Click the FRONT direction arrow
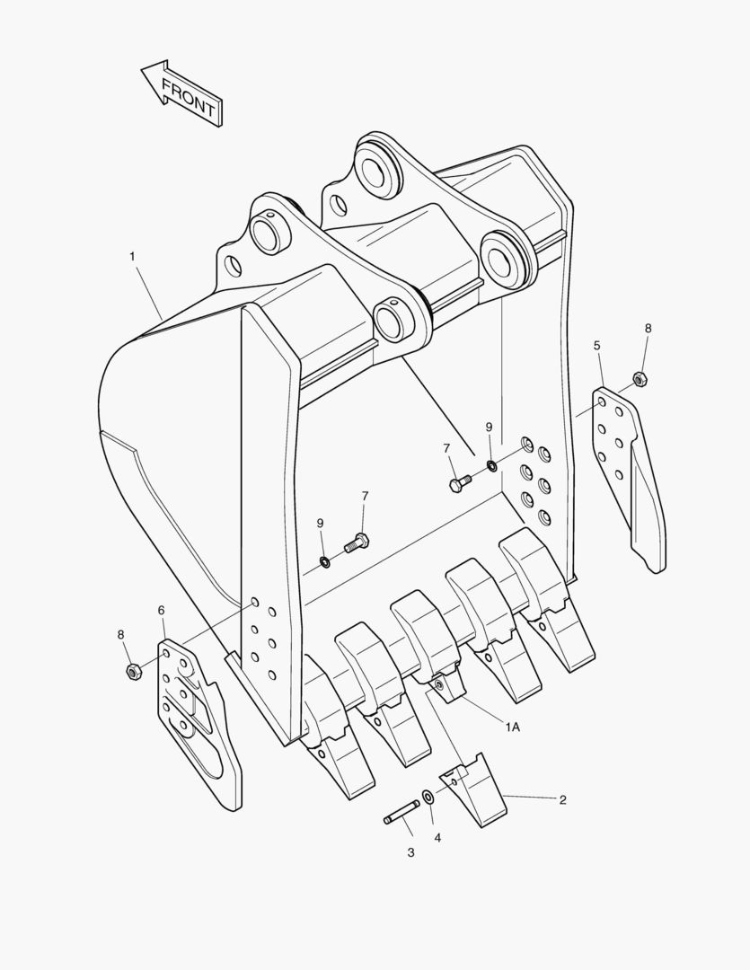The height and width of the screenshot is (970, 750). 181,93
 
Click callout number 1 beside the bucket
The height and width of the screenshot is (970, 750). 132,256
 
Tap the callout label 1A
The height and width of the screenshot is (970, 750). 512,727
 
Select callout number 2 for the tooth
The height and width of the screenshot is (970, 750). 562,800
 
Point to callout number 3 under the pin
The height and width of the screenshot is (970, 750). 410,852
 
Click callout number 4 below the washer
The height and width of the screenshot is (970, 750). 438,838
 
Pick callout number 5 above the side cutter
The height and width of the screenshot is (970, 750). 597,345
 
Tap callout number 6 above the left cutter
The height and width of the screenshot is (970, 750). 162,611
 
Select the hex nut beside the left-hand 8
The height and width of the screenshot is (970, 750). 132,671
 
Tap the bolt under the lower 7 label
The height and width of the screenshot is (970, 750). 357,542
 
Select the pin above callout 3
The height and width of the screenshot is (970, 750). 401,812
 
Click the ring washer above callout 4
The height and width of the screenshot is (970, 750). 428,796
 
